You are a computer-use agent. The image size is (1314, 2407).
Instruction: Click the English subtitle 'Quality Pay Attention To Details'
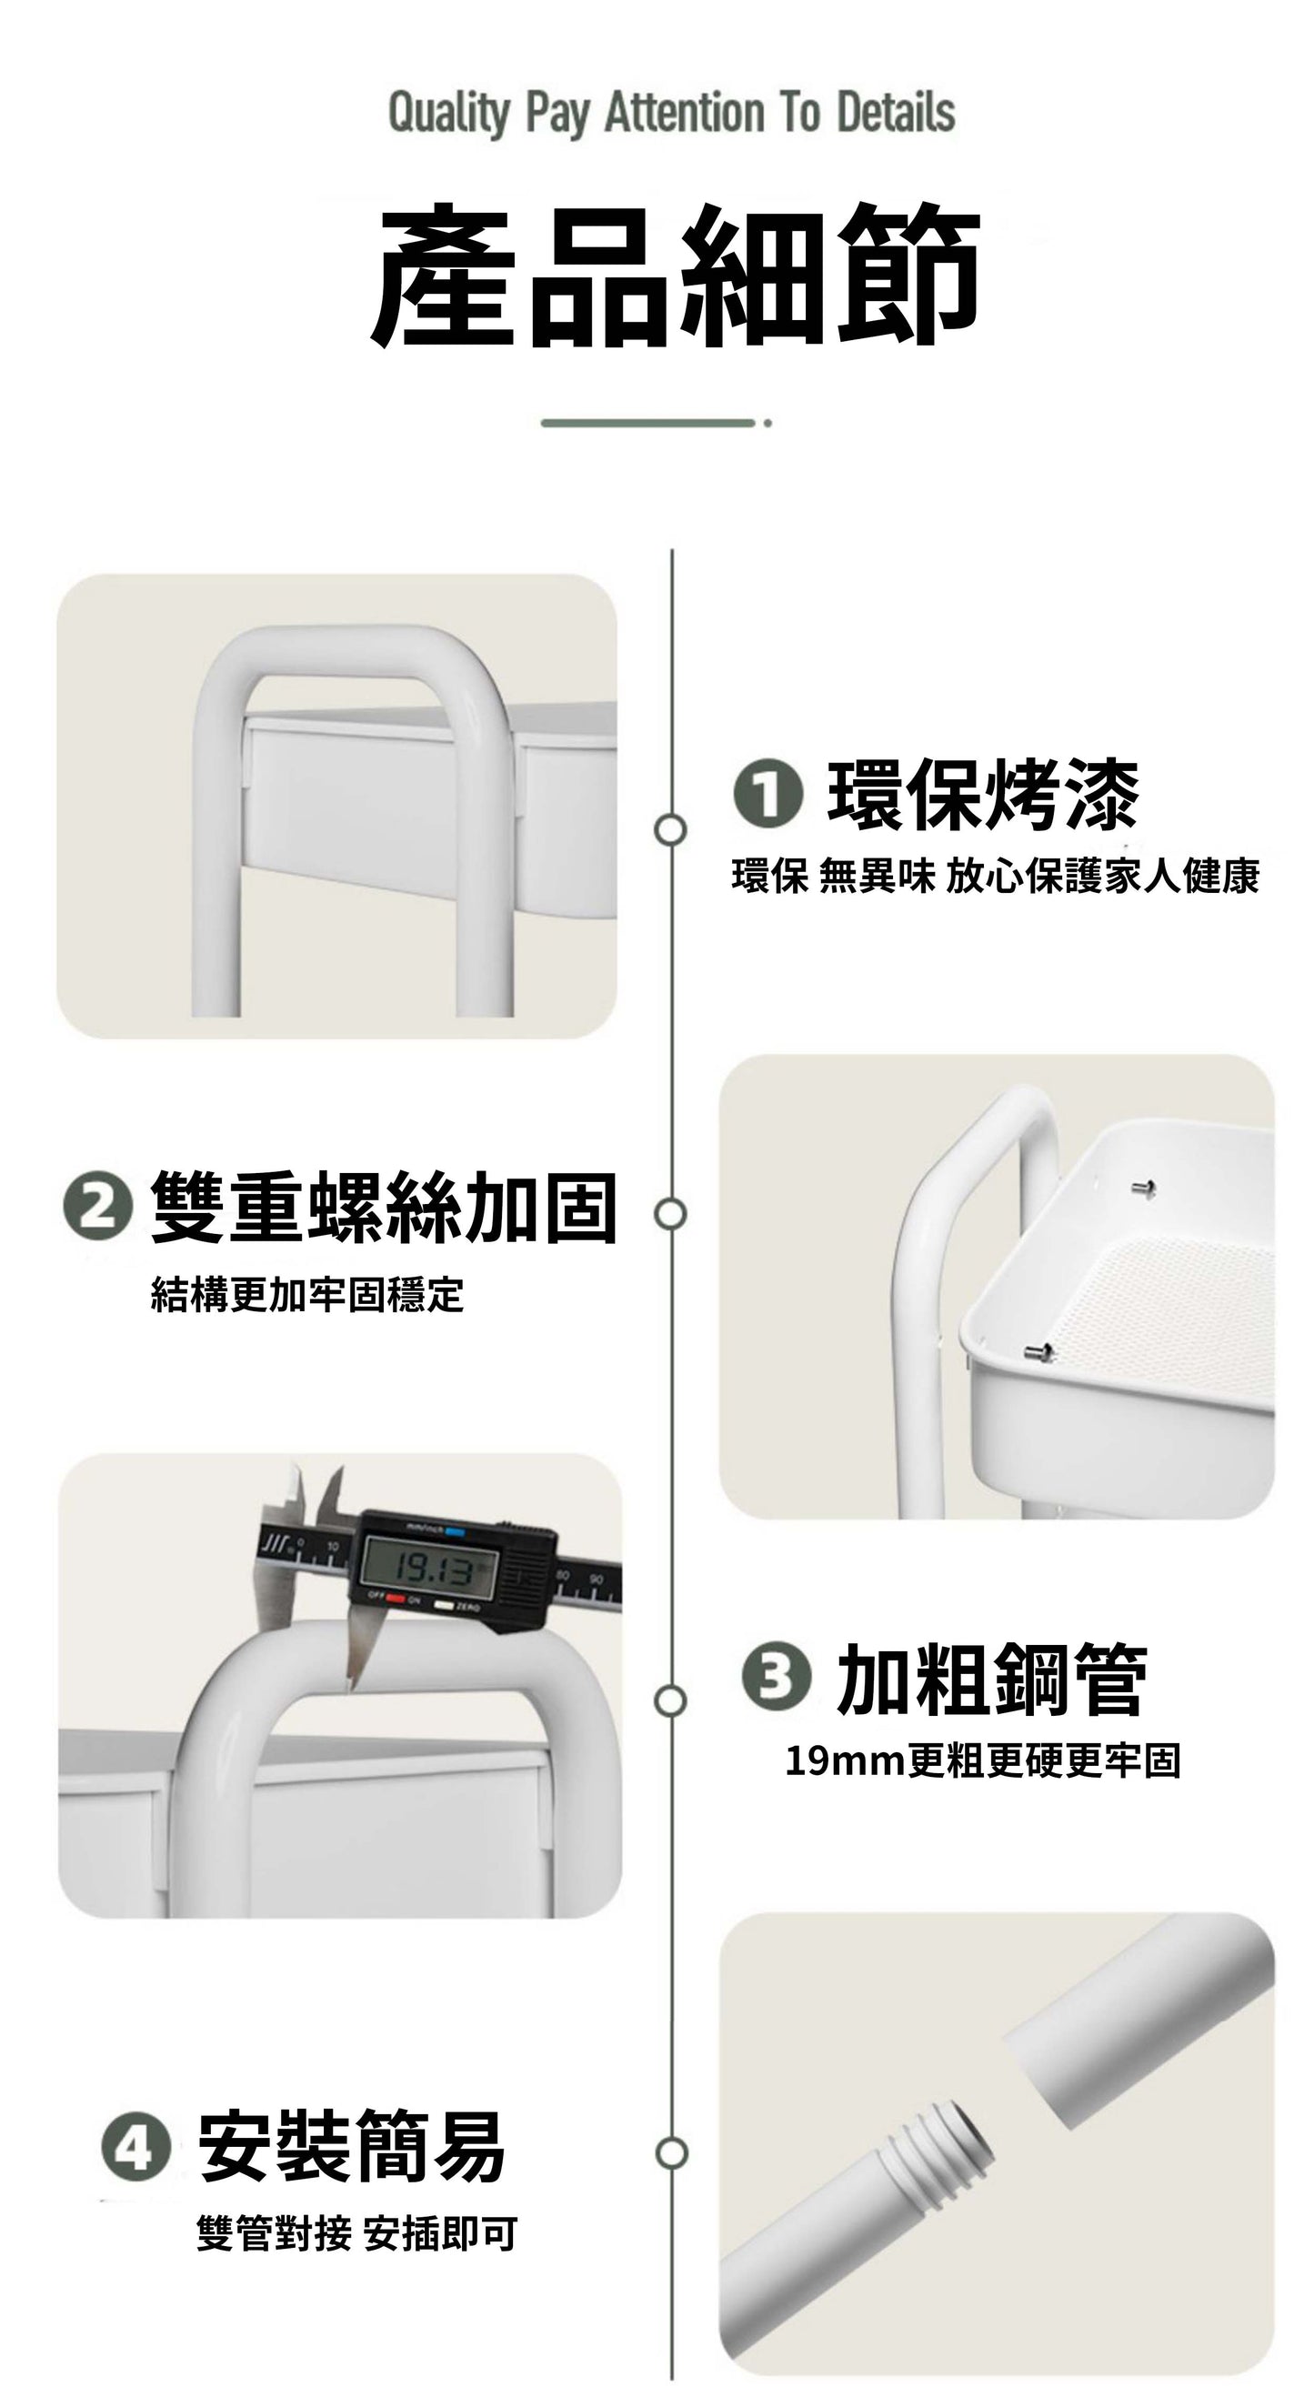point(671,114)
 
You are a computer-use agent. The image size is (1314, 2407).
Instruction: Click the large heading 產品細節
point(675,276)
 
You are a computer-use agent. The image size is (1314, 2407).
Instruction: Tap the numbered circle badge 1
point(767,794)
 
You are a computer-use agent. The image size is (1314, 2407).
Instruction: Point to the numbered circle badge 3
point(776,1677)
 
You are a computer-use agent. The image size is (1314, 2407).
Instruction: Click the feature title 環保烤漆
point(983,795)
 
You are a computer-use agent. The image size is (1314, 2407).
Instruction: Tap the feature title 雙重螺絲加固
point(384,1208)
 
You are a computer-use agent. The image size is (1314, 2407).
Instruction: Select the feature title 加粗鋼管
point(991,1680)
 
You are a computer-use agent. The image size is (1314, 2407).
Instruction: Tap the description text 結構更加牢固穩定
point(307,1294)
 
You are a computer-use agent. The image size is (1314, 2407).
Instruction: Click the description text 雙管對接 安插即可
point(356,2234)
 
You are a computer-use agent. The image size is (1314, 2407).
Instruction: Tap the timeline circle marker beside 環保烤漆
point(670,828)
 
